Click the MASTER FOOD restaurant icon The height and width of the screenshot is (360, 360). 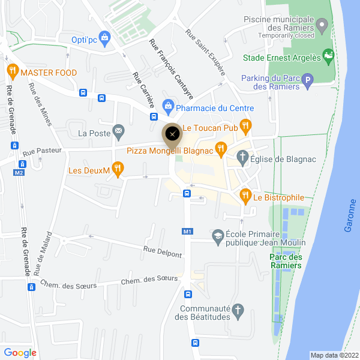coord(12,72)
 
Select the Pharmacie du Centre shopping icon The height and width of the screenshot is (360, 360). coord(168,108)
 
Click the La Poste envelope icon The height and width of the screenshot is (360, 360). coord(119,130)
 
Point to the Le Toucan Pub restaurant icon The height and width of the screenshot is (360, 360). coord(245,126)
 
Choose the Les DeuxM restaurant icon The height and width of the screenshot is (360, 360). coord(118,170)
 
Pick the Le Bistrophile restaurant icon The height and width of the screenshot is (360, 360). coord(245,196)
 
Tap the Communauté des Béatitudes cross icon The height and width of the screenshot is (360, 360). coord(238,311)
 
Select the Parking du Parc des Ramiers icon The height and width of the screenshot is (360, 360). coord(308,80)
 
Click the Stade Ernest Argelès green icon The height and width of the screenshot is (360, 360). coord(328,58)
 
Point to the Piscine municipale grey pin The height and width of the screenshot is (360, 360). coord(322,26)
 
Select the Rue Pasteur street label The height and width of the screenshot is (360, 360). coord(42,152)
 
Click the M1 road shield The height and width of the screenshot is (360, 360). coord(187,231)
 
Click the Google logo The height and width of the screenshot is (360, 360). coord(20,353)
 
